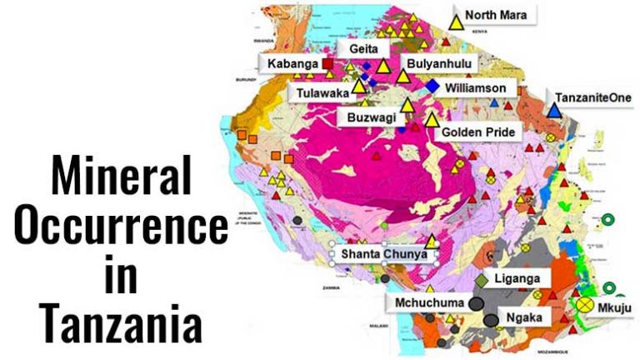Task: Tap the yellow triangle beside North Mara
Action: (x=456, y=21)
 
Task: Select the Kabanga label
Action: (x=292, y=63)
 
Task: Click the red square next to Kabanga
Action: (x=328, y=63)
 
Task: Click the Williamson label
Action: (x=481, y=86)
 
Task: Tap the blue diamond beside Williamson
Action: (x=432, y=86)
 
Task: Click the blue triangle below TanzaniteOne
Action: (x=554, y=109)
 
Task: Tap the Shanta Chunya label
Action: (x=387, y=253)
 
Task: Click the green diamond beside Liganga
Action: (x=482, y=279)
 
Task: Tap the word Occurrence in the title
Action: (x=120, y=225)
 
